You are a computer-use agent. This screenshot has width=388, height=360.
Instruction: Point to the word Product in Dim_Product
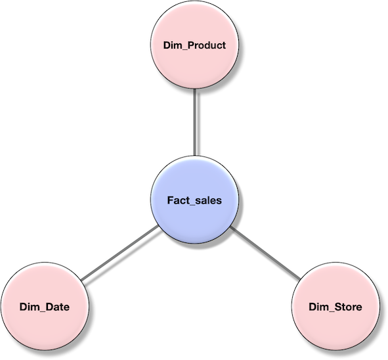pyautogui.click(x=204, y=46)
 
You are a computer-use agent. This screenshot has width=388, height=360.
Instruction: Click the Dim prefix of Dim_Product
pyautogui.click(x=172, y=46)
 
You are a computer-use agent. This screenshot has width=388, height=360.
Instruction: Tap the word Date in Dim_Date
pyautogui.click(x=56, y=307)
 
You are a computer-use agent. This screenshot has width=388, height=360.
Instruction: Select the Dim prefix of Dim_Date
pyautogui.click(x=29, y=307)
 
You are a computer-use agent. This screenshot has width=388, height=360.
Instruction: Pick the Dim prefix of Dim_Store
pyautogui.click(x=318, y=307)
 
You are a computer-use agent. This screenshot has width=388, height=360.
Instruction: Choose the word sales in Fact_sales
pyautogui.click(x=207, y=200)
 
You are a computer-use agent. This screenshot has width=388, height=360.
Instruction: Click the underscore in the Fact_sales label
pyautogui.click(x=191, y=204)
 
